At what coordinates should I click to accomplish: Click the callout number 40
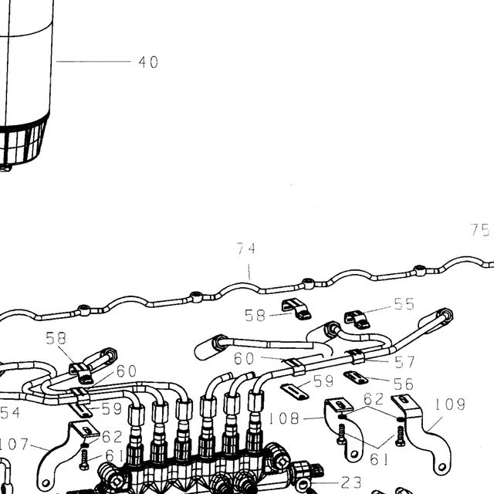[x=148, y=62]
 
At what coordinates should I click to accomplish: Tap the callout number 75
[x=480, y=230]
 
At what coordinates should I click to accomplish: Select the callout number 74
[x=246, y=249]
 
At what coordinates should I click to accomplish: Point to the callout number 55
[x=404, y=304]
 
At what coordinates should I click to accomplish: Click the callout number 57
[x=404, y=362]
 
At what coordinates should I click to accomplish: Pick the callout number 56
[x=403, y=384]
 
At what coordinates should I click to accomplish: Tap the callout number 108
[x=284, y=418]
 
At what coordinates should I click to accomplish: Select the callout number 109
[x=450, y=404]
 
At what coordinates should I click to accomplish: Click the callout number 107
[x=13, y=445]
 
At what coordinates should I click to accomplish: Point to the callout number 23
[x=351, y=482]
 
